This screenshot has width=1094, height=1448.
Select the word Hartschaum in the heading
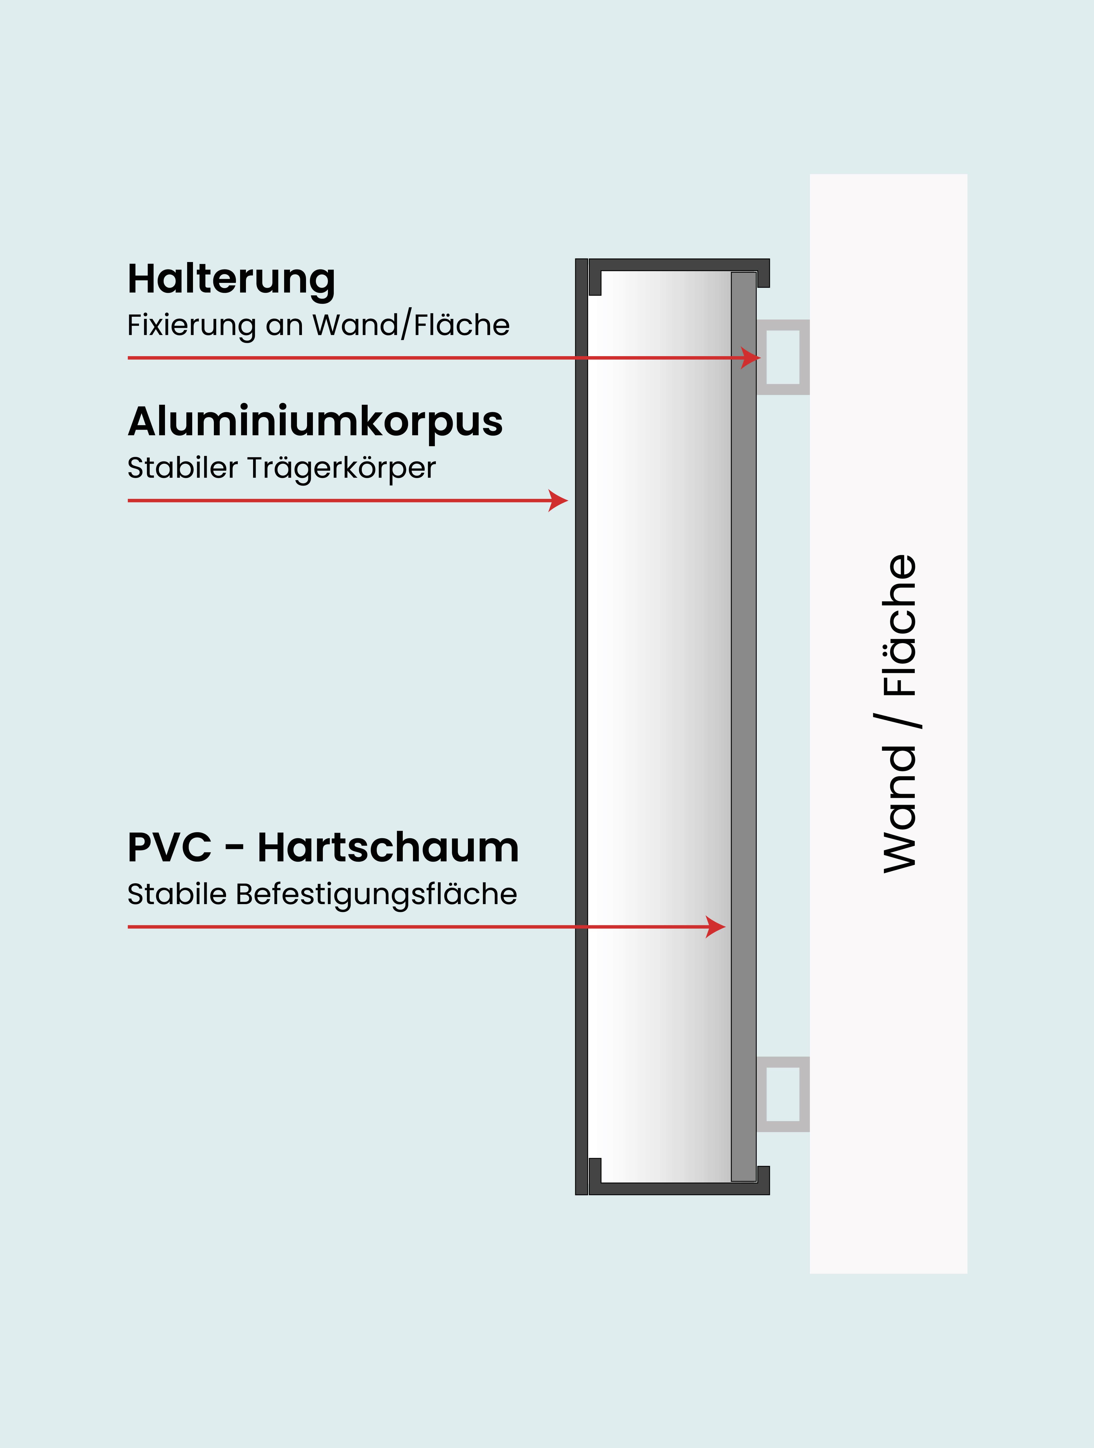click(388, 848)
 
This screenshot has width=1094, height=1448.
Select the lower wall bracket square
click(783, 1094)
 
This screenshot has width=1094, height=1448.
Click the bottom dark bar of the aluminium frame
click(679, 1189)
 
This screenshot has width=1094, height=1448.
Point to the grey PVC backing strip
click(743, 655)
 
